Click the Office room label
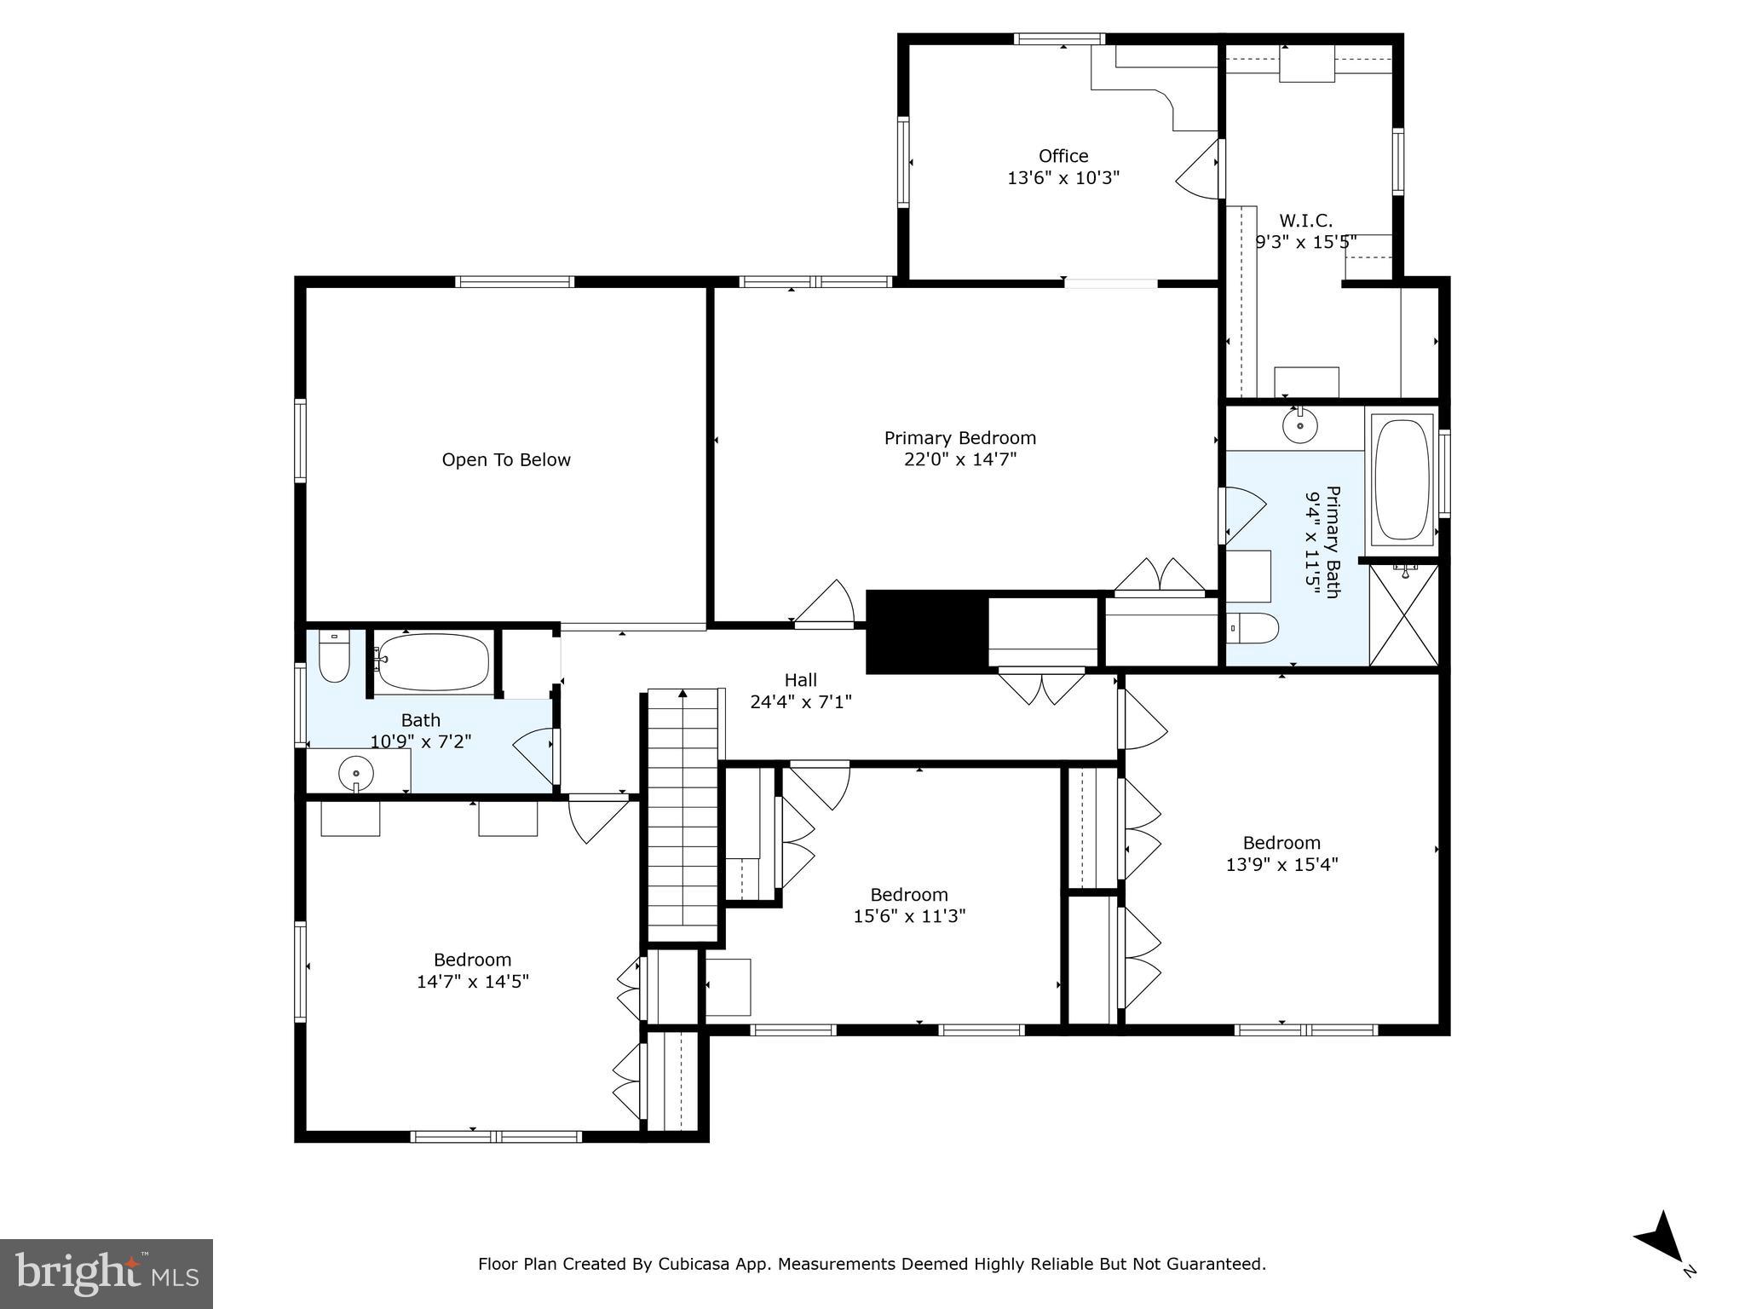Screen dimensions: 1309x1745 (x=1063, y=156)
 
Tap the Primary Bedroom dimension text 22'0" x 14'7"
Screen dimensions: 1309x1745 (x=960, y=460)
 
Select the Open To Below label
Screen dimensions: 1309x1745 (x=506, y=460)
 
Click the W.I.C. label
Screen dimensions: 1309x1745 (x=1304, y=221)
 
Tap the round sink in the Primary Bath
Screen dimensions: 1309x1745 (x=1300, y=425)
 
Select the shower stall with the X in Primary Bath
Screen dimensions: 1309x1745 (x=1403, y=615)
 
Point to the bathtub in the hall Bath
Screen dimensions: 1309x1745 (x=434, y=661)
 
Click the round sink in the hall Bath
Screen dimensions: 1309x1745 (x=356, y=774)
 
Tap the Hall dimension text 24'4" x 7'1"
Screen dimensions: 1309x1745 (x=800, y=702)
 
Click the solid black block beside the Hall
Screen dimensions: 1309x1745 (x=926, y=632)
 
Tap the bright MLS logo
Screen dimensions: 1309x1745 (x=106, y=1273)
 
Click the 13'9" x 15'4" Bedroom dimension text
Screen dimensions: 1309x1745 (x=1281, y=865)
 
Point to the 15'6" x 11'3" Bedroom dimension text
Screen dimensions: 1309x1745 (x=909, y=917)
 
